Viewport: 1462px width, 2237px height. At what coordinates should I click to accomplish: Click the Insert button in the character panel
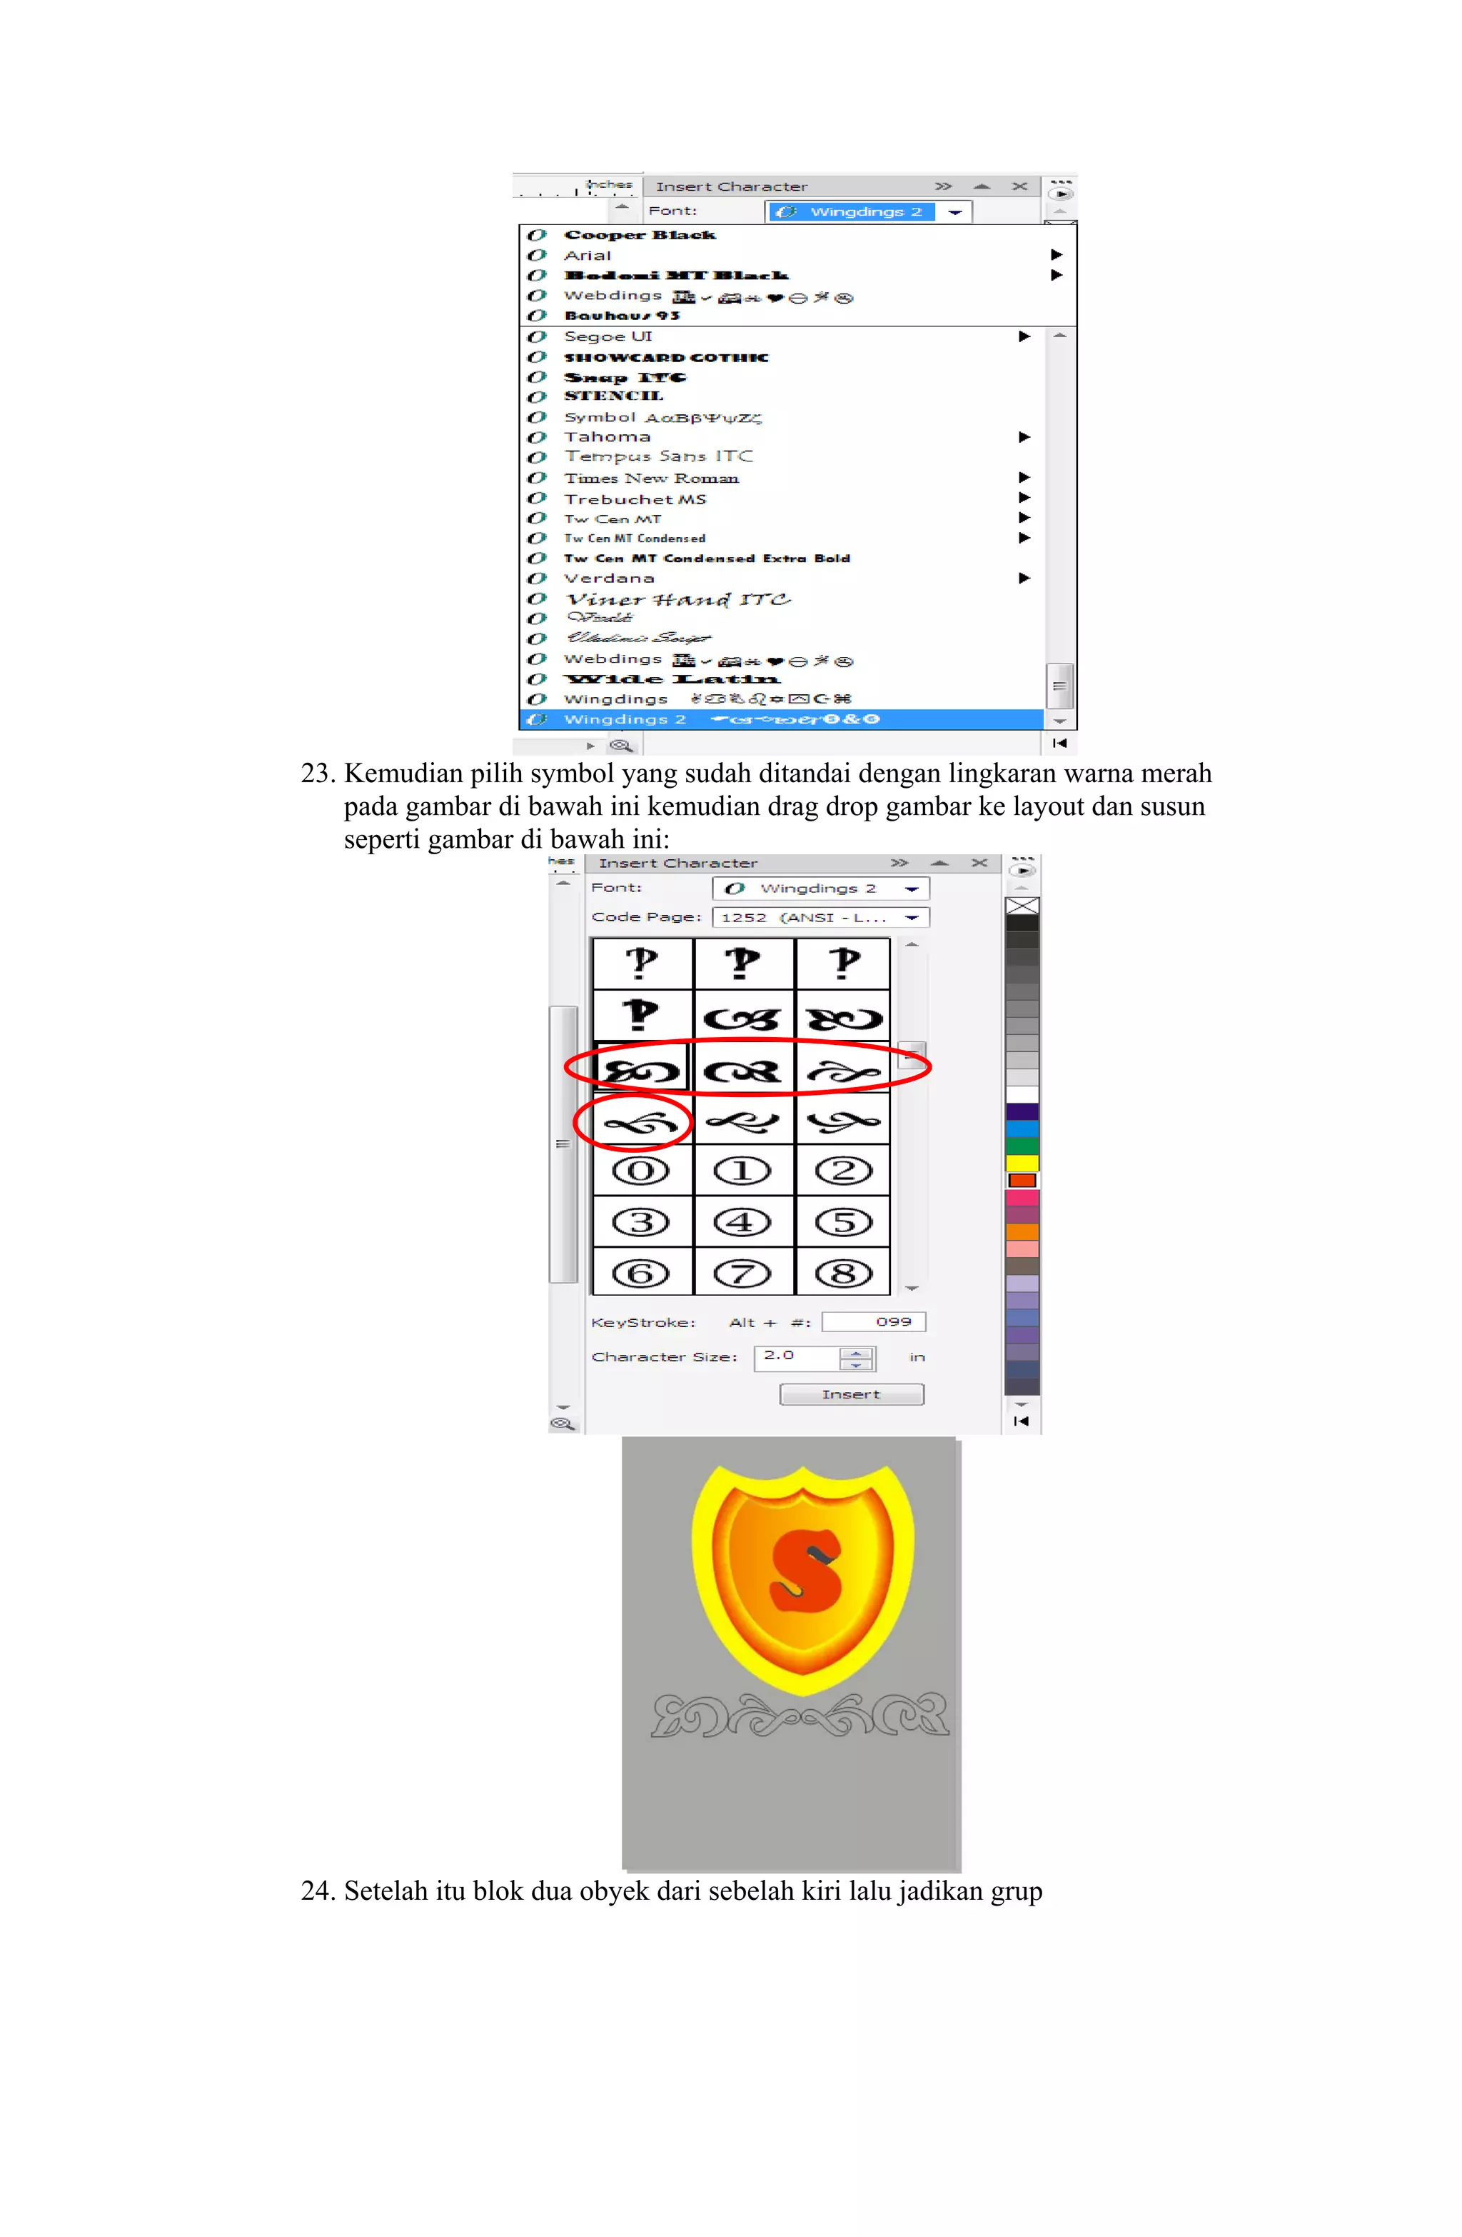(x=850, y=1394)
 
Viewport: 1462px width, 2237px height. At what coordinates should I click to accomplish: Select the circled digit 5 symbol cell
(x=843, y=1222)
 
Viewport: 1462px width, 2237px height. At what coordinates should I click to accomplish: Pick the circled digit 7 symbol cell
(x=741, y=1273)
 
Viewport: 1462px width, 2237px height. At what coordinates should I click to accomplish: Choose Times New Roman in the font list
(x=651, y=479)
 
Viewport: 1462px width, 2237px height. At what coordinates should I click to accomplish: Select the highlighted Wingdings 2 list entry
(x=625, y=720)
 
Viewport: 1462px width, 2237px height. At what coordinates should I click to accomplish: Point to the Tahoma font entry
(x=607, y=437)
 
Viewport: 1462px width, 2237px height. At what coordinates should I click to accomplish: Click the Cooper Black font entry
(x=639, y=235)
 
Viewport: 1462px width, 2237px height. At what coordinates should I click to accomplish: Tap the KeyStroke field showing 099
(x=873, y=1321)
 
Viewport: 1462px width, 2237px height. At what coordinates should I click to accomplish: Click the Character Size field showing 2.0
(x=797, y=1356)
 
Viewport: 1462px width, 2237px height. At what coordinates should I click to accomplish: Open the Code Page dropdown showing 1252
(x=820, y=917)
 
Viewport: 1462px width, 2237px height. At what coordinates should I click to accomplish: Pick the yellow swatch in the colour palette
(x=1022, y=1163)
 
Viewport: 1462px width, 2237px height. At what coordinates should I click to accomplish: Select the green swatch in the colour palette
(x=1022, y=1146)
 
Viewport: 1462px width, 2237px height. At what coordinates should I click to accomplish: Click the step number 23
(x=317, y=774)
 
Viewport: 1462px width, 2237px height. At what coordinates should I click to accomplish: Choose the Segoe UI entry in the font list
(x=607, y=336)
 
